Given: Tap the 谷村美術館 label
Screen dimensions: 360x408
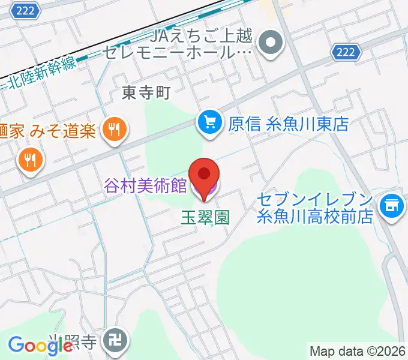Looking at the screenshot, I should (x=146, y=186).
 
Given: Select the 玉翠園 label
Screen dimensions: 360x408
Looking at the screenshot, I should (x=205, y=217).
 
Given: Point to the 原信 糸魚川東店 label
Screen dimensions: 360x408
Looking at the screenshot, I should (x=289, y=124).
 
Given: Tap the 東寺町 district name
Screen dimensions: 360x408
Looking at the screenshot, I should (x=147, y=92).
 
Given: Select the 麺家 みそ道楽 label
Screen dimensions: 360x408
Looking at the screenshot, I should (x=48, y=130).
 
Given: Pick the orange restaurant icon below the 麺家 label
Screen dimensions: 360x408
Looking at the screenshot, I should (x=29, y=160).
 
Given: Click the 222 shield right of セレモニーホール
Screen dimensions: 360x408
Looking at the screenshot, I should (x=346, y=52).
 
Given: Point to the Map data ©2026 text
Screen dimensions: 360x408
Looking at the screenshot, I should (x=358, y=351).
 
